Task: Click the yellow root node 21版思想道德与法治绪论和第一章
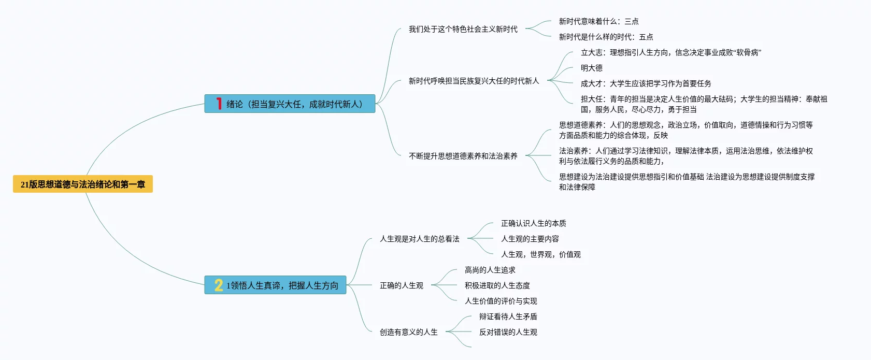pos(83,184)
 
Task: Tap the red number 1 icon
pos(219,104)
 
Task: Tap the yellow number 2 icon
pos(219,285)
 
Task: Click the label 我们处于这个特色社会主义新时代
pos(463,29)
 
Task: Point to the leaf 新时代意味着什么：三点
pos(598,21)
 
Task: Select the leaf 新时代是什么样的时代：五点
pos(606,37)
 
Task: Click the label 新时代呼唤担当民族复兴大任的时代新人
pos(474,81)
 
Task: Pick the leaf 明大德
pos(591,68)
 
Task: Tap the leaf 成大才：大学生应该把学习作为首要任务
pos(646,83)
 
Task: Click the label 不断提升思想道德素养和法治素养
pos(463,156)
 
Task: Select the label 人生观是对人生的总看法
pos(419,239)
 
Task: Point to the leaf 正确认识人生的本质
pos(533,223)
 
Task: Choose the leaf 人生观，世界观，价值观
pos(540,254)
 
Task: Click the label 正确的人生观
pos(401,285)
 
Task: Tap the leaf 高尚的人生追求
pos(490,270)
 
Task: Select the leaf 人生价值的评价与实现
pos(501,301)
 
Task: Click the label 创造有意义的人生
pos(408,332)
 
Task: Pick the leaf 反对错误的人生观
pos(508,332)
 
